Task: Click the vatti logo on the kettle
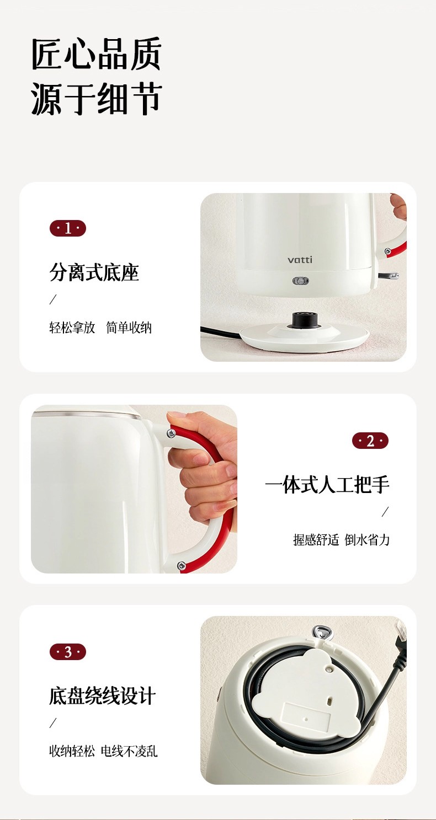[x=300, y=260]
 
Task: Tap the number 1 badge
[x=68, y=228]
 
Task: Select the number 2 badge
[x=370, y=441]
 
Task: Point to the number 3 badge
[x=68, y=652]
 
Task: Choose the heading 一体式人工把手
[x=327, y=484]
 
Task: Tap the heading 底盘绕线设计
[x=103, y=696]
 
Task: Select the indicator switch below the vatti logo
[x=300, y=281]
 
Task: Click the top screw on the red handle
[x=171, y=434]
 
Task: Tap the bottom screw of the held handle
[x=182, y=566]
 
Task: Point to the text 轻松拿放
[x=72, y=328]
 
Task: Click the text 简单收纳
[x=129, y=328]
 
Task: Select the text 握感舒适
[x=316, y=540]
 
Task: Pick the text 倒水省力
[x=367, y=540]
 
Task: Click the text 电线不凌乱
[x=129, y=752]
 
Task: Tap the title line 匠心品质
[x=97, y=54]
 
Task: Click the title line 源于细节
[x=97, y=99]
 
